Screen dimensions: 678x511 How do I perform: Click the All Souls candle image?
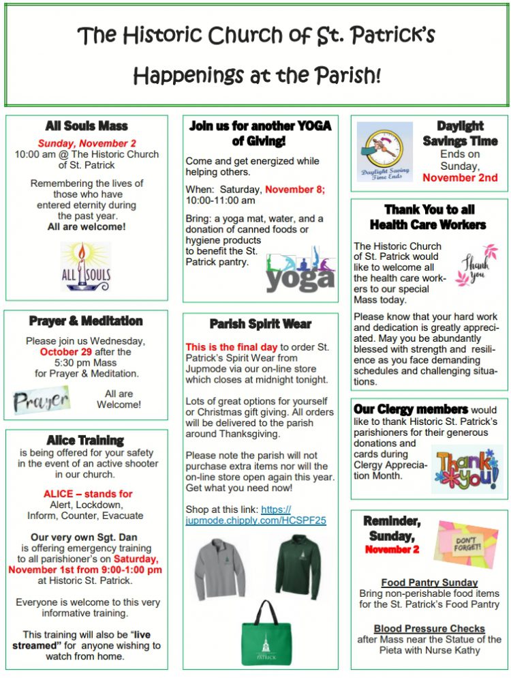(85, 266)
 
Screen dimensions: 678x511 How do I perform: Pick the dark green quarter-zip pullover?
(298, 566)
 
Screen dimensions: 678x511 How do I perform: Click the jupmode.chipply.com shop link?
(256, 514)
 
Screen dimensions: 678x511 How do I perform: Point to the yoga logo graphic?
(300, 271)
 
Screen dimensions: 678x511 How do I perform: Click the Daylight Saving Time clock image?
(385, 151)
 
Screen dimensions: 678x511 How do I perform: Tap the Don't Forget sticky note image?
(466, 542)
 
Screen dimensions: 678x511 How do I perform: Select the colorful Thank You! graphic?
(467, 468)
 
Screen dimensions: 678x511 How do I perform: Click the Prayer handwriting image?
(42, 400)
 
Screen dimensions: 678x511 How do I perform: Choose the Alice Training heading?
(85, 441)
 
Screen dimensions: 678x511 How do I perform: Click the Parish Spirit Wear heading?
(260, 324)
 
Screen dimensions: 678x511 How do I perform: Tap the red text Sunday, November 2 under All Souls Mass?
(87, 143)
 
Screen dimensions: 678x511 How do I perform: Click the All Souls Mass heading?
(87, 126)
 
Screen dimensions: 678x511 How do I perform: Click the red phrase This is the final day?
(231, 347)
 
